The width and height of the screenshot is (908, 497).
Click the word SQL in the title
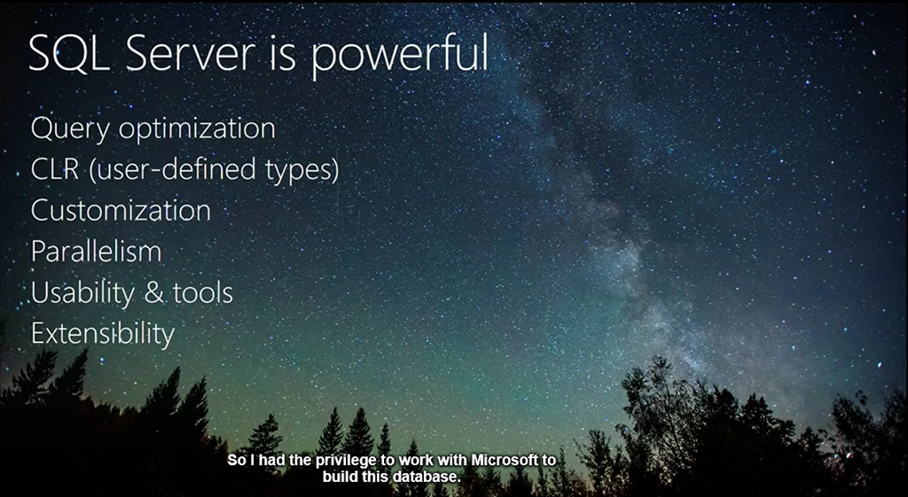(68, 54)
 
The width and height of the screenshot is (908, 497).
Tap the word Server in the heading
(190, 53)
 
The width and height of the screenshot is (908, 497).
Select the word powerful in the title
(401, 56)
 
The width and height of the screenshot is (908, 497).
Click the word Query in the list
(69, 129)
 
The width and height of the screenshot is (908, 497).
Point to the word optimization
(198, 129)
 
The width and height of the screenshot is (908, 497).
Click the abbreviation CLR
(54, 169)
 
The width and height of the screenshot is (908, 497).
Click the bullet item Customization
(121, 211)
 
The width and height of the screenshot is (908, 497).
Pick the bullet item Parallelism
(96, 252)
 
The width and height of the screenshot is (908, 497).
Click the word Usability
(82, 293)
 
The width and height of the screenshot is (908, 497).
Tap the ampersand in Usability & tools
(153, 293)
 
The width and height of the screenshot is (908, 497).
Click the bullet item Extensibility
(103, 334)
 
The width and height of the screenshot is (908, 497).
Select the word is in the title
(282, 53)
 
